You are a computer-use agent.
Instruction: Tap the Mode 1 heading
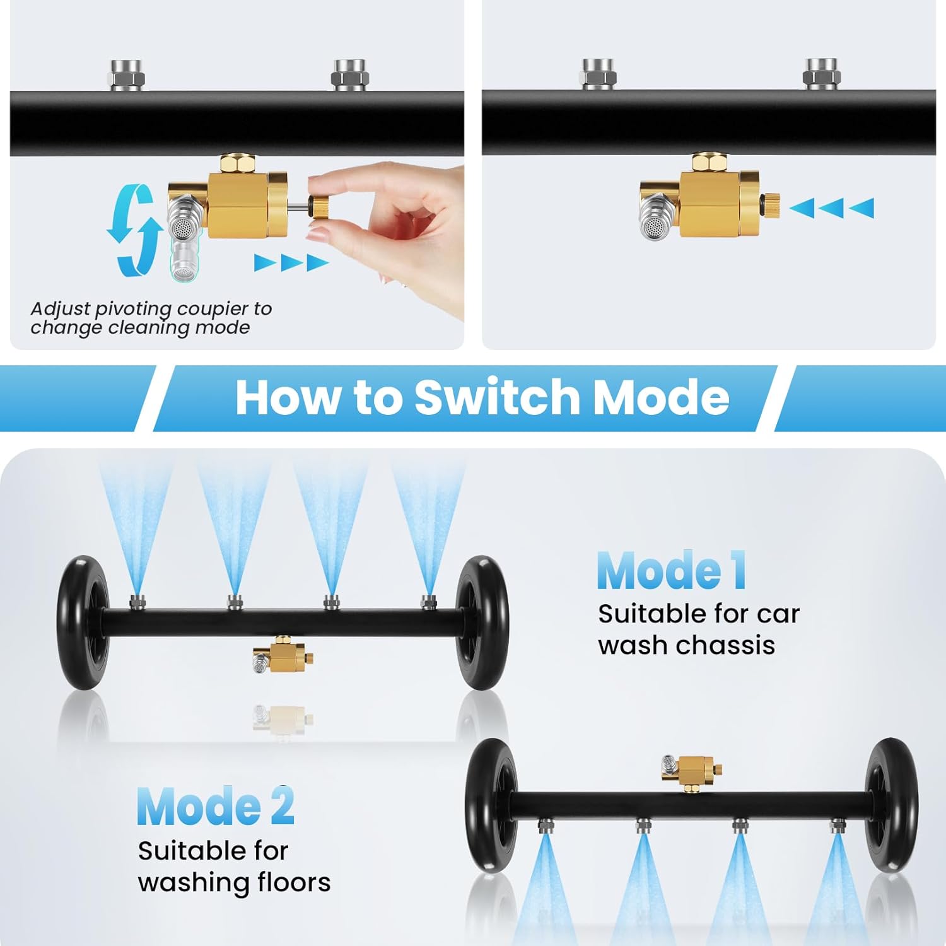point(672,571)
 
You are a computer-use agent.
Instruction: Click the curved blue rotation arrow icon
point(131,230)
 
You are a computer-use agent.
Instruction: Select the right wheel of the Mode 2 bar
point(892,805)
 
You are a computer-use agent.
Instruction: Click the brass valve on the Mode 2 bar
point(692,769)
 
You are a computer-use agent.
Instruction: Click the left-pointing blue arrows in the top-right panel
point(831,207)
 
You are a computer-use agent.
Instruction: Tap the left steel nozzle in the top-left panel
point(127,75)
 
